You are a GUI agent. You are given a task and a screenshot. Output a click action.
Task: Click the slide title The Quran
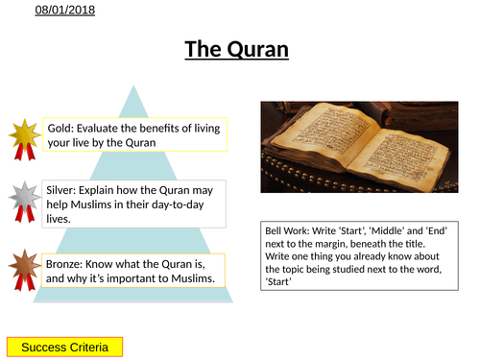tap(235, 49)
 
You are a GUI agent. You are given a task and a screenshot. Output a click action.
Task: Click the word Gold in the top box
tap(60, 127)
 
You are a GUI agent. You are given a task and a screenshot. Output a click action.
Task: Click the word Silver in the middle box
tap(63, 190)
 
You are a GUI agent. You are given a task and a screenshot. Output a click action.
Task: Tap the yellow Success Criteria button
tap(64, 346)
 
